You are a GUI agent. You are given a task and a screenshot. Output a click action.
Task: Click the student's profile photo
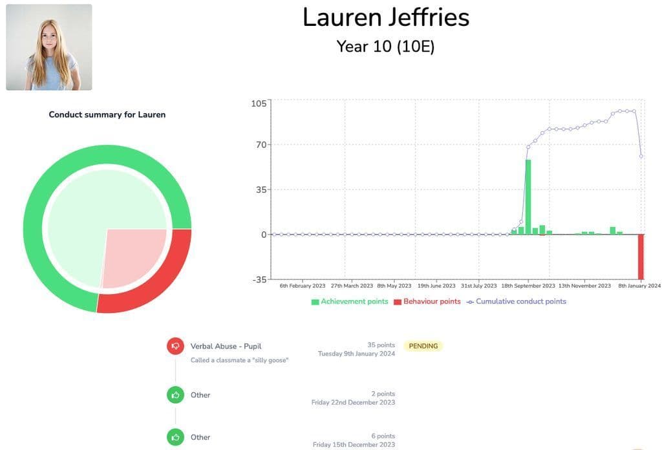point(49,47)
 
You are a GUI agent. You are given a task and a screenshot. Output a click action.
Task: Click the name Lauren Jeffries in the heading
point(386,17)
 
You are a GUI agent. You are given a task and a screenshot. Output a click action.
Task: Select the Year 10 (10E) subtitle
point(385,47)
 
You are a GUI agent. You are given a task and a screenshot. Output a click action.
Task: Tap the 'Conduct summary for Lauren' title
point(107,114)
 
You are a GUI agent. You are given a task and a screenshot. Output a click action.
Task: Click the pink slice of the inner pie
point(133,255)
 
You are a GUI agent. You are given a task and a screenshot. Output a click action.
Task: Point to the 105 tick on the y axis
point(259,104)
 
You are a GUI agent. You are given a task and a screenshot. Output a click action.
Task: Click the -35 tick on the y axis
point(259,279)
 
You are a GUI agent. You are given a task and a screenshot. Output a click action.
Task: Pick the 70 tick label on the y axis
point(261,145)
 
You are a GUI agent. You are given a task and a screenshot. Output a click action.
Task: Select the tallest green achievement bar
point(528,197)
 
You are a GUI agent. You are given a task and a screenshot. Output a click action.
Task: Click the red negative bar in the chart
point(641,256)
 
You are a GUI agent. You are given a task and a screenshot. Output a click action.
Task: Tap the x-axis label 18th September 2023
point(528,286)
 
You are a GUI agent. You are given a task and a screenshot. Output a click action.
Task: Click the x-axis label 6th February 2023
point(303,286)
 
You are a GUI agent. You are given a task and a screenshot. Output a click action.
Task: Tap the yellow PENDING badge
point(423,346)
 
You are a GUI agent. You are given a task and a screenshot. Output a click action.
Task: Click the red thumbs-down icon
point(175,346)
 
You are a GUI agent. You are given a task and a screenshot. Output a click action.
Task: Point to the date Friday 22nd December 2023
point(353,403)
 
